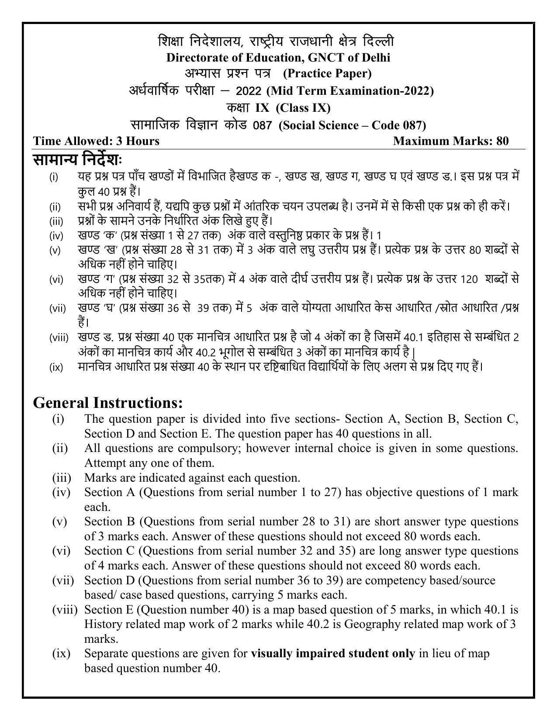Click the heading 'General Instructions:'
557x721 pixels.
coord(107,402)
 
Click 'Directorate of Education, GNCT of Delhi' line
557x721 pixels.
coord(278,57)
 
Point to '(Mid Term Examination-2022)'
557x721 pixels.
coord(350,91)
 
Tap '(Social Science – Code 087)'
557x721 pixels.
coord(352,125)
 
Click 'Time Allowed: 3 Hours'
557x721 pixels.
coord(96,141)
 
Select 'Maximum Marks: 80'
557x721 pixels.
coord(451,141)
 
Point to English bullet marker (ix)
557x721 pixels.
coord(61,653)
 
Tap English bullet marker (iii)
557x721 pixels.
coord(62,477)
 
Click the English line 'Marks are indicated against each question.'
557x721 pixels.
coord(192,477)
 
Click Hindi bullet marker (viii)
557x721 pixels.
coord(59,338)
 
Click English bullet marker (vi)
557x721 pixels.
coord(61,551)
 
